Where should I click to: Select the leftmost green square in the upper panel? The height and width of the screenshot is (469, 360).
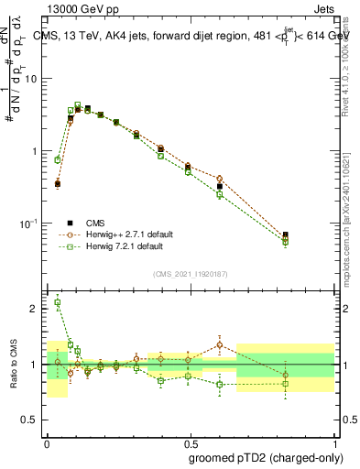[58, 159]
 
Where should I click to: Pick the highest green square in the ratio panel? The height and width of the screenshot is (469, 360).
[58, 302]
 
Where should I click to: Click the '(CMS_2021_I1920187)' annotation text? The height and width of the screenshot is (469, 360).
[190, 274]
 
